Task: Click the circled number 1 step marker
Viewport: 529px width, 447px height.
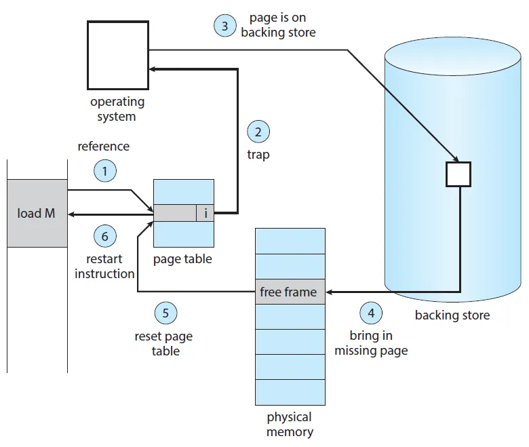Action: (x=104, y=172)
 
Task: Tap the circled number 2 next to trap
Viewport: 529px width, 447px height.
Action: (x=258, y=130)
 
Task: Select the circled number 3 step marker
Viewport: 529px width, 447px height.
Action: (x=224, y=26)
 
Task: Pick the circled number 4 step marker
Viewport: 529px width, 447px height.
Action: (x=370, y=313)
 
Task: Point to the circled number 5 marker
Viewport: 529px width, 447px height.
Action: (x=165, y=313)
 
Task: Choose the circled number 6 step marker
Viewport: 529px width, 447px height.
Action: (x=104, y=236)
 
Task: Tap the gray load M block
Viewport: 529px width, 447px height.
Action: (x=37, y=213)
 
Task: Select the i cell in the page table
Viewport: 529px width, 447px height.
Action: (x=205, y=213)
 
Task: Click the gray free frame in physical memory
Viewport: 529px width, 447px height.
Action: (x=290, y=292)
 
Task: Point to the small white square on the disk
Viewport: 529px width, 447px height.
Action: (x=458, y=174)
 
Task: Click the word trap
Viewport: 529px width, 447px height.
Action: (x=258, y=155)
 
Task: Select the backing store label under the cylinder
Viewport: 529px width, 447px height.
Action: (x=452, y=315)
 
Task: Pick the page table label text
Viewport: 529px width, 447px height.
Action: (x=183, y=259)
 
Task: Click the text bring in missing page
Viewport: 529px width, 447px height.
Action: (x=371, y=343)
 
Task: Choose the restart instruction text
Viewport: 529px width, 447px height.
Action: (x=104, y=267)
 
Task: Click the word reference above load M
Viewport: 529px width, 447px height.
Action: (x=103, y=146)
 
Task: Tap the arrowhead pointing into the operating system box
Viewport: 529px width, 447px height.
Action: (x=153, y=69)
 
